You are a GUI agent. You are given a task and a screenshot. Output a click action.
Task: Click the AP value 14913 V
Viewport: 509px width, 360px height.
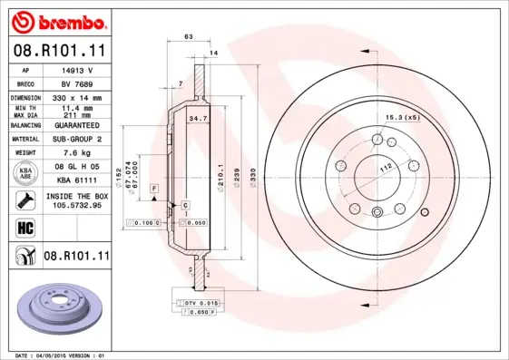click(78, 70)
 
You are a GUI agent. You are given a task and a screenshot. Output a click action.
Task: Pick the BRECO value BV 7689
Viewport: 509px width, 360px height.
click(78, 83)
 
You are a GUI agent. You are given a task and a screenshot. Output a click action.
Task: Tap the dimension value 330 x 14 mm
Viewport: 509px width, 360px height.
click(78, 97)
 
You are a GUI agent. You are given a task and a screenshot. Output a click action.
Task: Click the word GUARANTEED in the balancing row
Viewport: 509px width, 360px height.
click(78, 125)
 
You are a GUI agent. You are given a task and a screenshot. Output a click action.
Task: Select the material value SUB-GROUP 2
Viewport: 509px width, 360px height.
click(78, 139)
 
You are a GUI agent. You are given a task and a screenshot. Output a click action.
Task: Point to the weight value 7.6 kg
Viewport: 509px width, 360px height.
click(78, 153)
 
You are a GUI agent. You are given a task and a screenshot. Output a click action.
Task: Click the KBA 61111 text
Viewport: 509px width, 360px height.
click(78, 180)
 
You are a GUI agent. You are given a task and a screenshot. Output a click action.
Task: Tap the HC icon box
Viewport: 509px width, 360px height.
click(24, 228)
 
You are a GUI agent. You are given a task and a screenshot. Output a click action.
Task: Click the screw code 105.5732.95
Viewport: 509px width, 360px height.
click(78, 205)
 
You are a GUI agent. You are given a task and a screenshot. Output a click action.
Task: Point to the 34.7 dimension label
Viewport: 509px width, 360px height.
click(193, 119)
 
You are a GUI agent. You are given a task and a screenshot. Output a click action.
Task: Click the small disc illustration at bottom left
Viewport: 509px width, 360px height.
click(56, 306)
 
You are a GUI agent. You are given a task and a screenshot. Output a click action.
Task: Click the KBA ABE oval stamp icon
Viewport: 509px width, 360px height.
click(24, 172)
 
